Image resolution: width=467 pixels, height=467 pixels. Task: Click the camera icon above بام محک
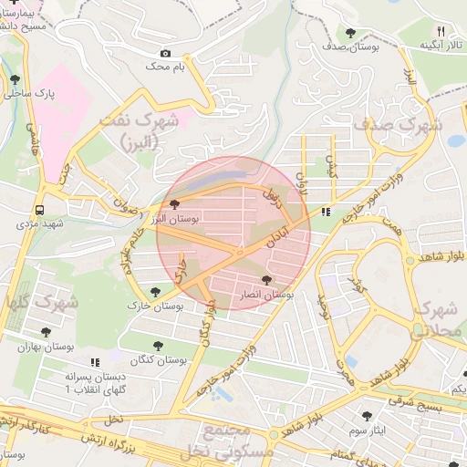coord(165,54)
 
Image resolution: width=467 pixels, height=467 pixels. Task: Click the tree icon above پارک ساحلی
coord(15,79)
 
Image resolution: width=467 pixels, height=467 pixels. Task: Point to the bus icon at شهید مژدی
coord(39,208)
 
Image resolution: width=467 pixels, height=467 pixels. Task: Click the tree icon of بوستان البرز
coord(174,205)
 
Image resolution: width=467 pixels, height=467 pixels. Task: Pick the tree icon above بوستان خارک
coord(155,292)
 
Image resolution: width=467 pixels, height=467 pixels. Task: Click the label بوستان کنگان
coord(158,359)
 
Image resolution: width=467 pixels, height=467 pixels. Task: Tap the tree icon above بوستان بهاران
coord(46,332)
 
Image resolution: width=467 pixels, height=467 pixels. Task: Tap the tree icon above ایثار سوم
coord(367,415)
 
